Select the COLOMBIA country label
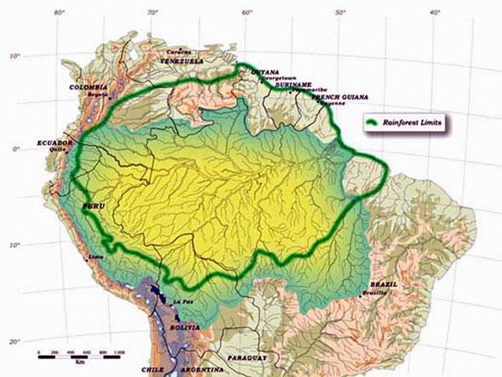[x=89, y=87]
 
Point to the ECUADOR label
[x=54, y=142]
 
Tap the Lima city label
[x=96, y=255]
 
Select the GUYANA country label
[x=265, y=72]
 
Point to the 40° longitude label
[x=435, y=12]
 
